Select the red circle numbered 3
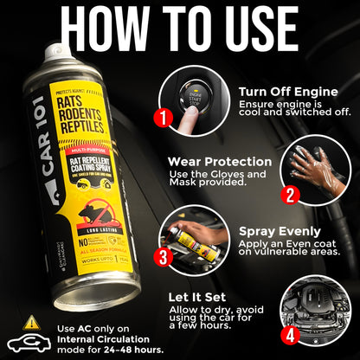(161, 257)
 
